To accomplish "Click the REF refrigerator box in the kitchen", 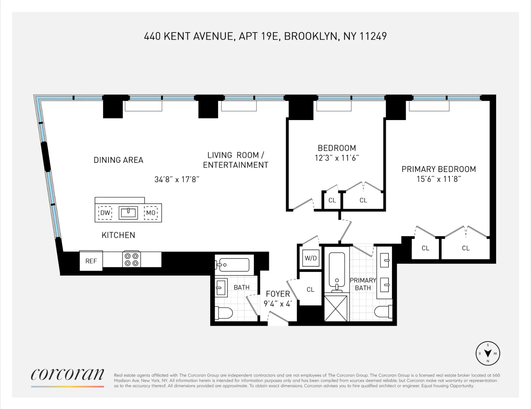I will tap(91, 261).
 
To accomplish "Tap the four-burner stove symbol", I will tap(132, 259).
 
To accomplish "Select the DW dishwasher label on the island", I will tap(105, 213).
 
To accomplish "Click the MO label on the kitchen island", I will tap(151, 213).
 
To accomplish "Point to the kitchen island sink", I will tap(128, 213).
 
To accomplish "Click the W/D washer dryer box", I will tap(310, 258).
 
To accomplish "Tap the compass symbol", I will tap(488, 353).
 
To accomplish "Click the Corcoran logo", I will tap(67, 374).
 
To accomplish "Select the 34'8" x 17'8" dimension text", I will tap(177, 179).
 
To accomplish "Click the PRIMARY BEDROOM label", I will tap(439, 169).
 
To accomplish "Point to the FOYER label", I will tap(278, 294).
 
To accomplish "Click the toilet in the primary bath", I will tap(383, 312).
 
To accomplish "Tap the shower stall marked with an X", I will tap(336, 309).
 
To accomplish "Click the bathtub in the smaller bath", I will tap(234, 265).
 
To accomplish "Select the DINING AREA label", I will tap(118, 160).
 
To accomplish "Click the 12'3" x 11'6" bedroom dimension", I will tap(336, 158).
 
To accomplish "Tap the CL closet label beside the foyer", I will tap(310, 290).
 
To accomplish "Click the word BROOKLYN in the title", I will tap(311, 36).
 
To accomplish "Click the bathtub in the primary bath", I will tap(337, 269).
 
